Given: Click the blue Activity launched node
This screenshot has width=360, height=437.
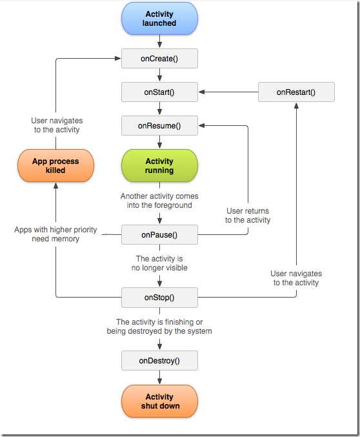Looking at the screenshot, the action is click(x=159, y=18).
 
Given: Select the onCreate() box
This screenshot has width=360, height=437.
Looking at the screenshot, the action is click(x=159, y=59).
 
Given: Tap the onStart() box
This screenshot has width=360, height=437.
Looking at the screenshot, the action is click(x=159, y=92).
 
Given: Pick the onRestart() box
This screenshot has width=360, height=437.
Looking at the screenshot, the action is click(x=296, y=92).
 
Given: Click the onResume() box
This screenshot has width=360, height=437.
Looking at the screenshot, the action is click(x=159, y=126).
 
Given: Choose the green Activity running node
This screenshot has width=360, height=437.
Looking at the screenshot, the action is click(x=159, y=166).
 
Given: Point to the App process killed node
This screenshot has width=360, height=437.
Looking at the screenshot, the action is click(x=55, y=166).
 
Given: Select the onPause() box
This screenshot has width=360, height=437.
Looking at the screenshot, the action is click(x=159, y=235).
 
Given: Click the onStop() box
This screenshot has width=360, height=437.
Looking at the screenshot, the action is click(x=159, y=298).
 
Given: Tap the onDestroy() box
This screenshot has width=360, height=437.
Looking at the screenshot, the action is click(x=159, y=361).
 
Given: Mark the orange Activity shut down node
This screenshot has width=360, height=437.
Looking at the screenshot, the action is click(x=159, y=401).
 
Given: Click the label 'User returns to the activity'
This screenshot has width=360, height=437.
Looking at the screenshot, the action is click(x=248, y=216).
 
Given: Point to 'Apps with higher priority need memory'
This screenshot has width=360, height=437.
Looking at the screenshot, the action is click(x=55, y=234).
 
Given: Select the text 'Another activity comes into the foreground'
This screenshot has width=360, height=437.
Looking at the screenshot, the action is click(x=159, y=201).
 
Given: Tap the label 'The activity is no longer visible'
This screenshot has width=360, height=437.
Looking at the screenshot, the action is click(x=159, y=263).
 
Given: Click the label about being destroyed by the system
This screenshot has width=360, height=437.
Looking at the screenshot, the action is click(x=159, y=327).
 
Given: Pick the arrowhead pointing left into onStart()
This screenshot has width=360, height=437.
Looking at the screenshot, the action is click(x=202, y=92).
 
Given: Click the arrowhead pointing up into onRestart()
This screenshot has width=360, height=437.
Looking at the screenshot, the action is click(x=297, y=106).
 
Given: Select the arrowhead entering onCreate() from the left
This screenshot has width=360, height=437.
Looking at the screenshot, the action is click(x=118, y=59).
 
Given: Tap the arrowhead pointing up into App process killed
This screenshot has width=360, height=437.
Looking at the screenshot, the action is click(x=55, y=186).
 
